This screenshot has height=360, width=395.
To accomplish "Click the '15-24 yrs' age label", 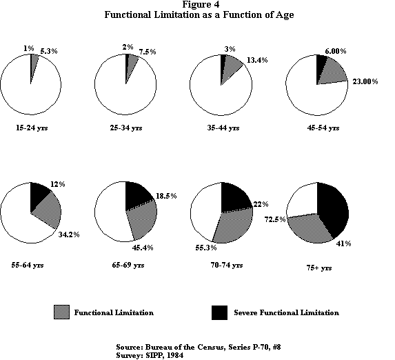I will pyautogui.click(x=30, y=128).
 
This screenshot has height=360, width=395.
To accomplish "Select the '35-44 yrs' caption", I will pyautogui.click(x=221, y=128).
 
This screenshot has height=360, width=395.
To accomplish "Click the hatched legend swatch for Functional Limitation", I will pyautogui.click(x=60, y=312).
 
